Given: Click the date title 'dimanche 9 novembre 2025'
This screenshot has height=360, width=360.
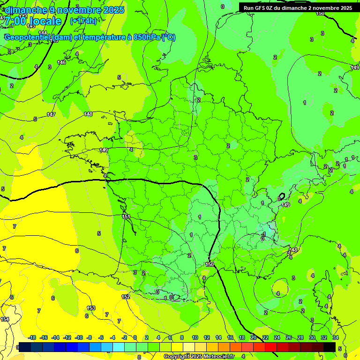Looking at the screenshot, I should point(64,10).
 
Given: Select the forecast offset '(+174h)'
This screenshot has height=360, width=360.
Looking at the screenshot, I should point(83,21).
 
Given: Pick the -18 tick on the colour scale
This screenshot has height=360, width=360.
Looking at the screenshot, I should point(32,337).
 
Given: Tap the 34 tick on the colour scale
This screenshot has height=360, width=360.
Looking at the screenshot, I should point(336,337).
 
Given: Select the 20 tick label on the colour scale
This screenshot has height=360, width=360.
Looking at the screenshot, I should point(254,337).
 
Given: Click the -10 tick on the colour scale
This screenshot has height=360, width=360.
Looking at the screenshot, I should point(79,337).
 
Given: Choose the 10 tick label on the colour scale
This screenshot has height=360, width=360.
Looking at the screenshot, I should point(195,337).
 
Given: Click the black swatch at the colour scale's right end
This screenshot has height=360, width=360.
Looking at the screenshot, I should point(330,346).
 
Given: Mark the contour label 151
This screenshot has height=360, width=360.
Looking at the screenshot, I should point(126,217).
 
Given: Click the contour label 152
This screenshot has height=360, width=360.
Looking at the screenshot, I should point(126,297).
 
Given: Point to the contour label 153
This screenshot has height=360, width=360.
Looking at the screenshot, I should point(91,308).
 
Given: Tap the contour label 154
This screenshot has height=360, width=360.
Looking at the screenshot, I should point(5,319).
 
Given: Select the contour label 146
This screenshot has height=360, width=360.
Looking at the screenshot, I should point(61,62).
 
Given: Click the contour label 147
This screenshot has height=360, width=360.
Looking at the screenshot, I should point(51,115).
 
